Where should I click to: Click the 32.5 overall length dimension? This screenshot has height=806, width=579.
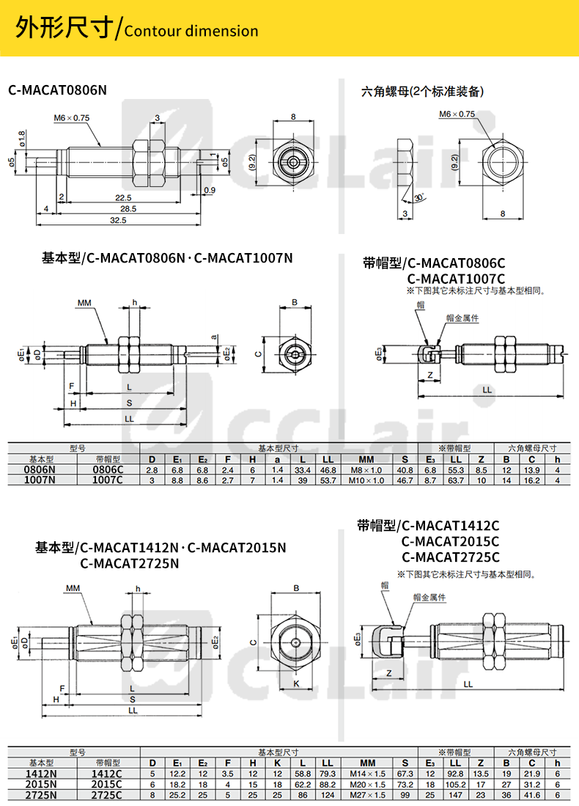(117, 219)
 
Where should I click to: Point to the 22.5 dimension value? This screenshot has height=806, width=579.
(123, 197)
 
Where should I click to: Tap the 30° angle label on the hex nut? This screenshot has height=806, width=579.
(418, 198)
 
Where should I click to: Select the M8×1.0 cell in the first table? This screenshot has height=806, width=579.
(366, 469)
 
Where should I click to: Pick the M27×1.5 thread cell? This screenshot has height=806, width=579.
(366, 795)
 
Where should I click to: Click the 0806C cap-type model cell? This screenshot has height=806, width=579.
(108, 469)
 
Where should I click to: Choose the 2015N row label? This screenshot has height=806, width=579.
(40, 784)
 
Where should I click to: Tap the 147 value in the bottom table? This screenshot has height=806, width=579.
(454, 795)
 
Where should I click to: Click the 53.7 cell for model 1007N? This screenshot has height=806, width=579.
(328, 480)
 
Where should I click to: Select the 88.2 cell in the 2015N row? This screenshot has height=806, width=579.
(328, 784)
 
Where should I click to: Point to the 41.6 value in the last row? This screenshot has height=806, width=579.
(532, 795)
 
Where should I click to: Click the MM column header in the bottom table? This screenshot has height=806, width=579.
(366, 763)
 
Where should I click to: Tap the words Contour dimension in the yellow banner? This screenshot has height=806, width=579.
(192, 32)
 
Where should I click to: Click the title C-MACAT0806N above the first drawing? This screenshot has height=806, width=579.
(57, 90)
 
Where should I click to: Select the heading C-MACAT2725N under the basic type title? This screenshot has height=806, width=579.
(130, 563)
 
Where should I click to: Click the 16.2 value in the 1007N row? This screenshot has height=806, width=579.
(532, 480)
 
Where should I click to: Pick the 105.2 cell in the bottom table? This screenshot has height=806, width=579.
(454, 784)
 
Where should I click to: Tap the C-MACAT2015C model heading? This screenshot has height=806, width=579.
(450, 541)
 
